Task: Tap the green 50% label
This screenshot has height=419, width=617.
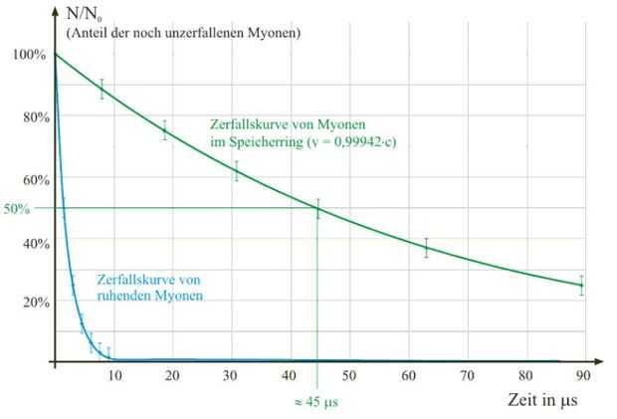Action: coord(17,210)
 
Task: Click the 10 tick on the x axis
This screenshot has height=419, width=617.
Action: coord(114,375)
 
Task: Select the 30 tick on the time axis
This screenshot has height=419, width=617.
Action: coord(231,375)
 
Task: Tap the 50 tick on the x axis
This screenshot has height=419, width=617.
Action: coord(348,375)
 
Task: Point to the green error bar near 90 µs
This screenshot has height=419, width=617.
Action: coord(581,285)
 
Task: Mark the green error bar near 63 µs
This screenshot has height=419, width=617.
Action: coord(426,248)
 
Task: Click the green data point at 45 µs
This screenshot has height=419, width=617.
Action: coord(318,208)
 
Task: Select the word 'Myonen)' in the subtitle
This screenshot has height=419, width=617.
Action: coord(276,34)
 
